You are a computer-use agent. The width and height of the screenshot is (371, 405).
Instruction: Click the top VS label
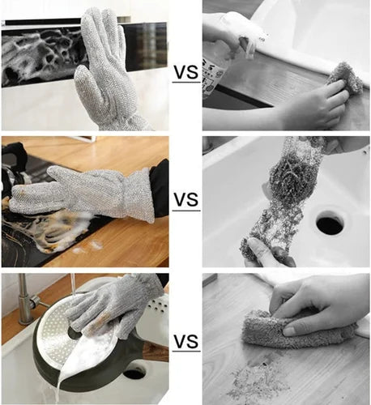click(185, 72)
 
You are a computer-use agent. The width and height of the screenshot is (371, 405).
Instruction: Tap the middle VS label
click(185, 199)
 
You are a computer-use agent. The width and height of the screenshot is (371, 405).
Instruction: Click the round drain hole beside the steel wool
click(329, 224)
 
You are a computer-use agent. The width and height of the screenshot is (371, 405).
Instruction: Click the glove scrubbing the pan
click(122, 304)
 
